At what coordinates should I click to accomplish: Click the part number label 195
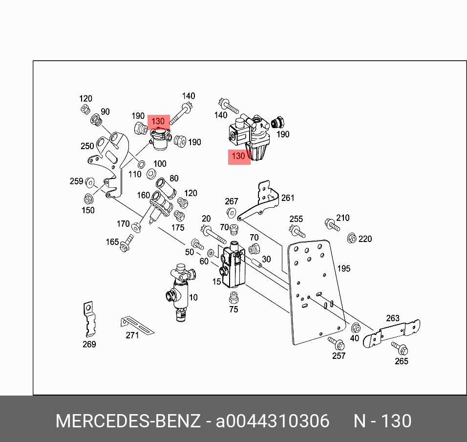[x=343, y=268]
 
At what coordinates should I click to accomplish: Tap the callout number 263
[x=393, y=318]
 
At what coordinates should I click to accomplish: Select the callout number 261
[x=288, y=198]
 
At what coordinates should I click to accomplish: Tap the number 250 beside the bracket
[x=87, y=146]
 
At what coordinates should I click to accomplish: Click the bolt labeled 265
[x=400, y=349]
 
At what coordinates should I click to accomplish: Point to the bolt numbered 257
[x=335, y=342]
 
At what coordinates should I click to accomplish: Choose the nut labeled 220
[x=351, y=238]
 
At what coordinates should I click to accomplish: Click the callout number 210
[x=343, y=218]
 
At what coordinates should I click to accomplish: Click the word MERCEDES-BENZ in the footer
[x=128, y=421]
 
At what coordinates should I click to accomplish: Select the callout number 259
[x=76, y=181]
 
